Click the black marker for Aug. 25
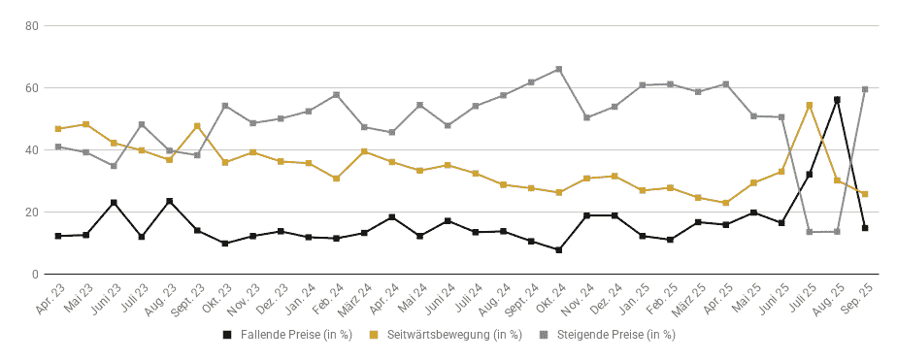837,99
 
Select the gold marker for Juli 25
810,105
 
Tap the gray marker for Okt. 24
559,69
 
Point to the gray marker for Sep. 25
865,89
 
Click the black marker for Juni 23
114,202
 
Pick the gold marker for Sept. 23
197,126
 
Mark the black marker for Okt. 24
559,249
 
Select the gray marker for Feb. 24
336,95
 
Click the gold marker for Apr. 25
726,203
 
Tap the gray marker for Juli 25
810,232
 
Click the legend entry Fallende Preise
287,335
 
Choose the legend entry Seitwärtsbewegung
447,335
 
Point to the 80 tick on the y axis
32,25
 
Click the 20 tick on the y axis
32,212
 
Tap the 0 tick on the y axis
35,275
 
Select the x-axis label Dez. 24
607,298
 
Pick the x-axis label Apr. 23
50,298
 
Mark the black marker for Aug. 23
169,201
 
